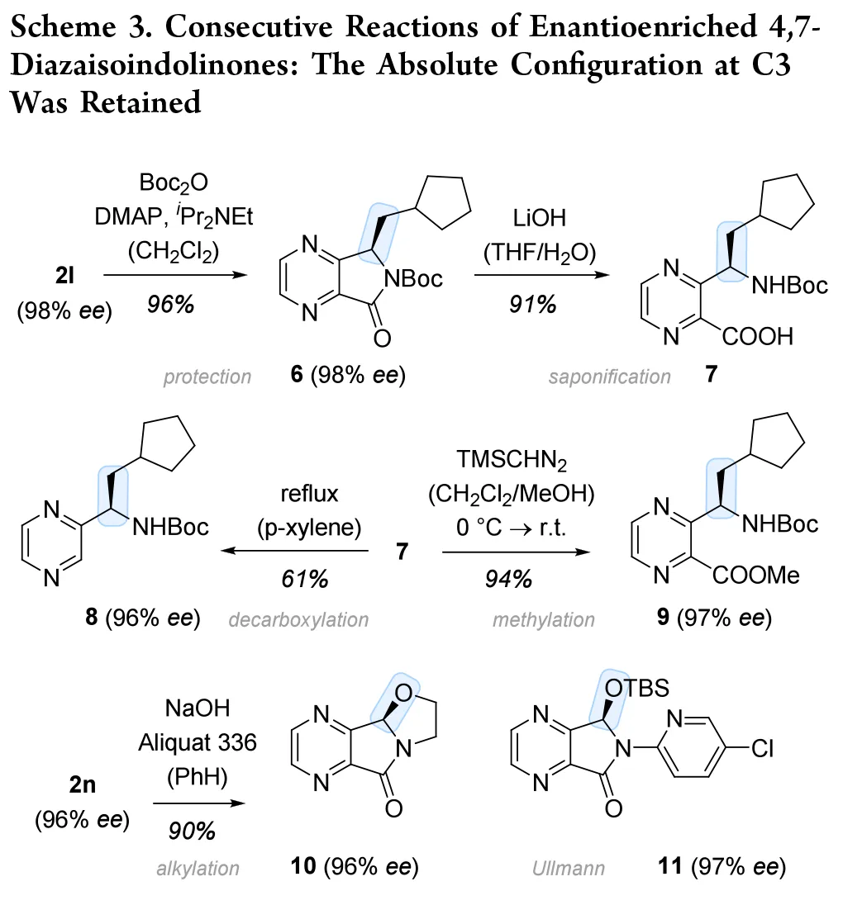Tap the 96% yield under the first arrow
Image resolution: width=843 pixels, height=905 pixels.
coord(173,305)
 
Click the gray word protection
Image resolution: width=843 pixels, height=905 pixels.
coord(207,377)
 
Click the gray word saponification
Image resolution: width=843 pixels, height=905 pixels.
coord(610,377)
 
